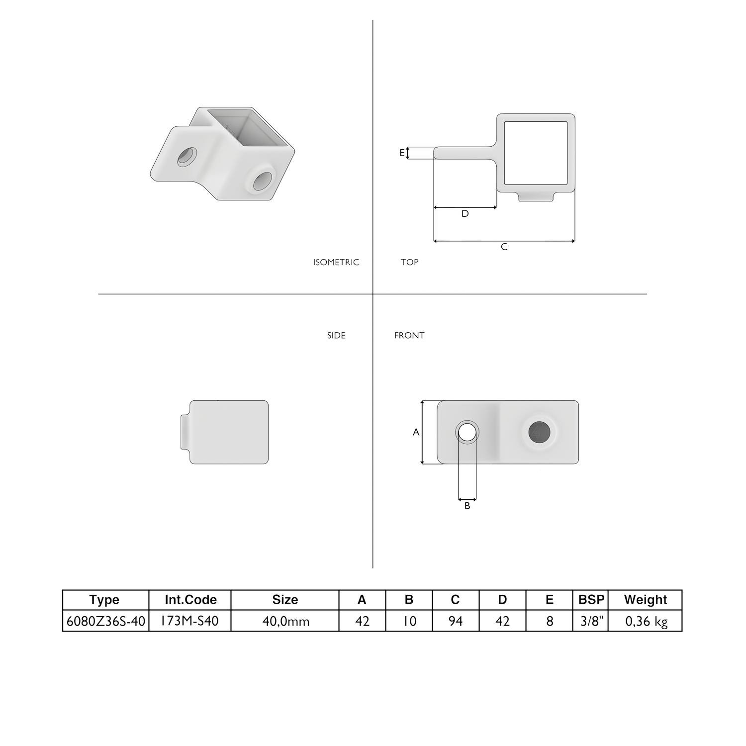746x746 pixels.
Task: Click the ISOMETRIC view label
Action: pyautogui.click(x=336, y=262)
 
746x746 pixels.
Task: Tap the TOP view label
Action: pyautogui.click(x=409, y=262)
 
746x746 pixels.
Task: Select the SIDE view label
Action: pyautogui.click(x=336, y=335)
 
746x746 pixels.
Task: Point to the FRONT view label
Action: pyautogui.click(x=409, y=335)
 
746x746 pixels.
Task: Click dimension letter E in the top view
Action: pyautogui.click(x=402, y=153)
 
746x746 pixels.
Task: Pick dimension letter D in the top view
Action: pyautogui.click(x=465, y=214)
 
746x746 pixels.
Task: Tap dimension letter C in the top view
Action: pyautogui.click(x=504, y=247)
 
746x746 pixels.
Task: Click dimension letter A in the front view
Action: pyautogui.click(x=416, y=432)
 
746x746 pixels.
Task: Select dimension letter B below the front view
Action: pyautogui.click(x=467, y=506)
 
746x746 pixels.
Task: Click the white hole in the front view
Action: pyautogui.click(x=467, y=432)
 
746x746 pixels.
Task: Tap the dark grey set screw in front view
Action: pyautogui.click(x=539, y=432)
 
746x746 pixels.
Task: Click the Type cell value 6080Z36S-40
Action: pyautogui.click(x=106, y=621)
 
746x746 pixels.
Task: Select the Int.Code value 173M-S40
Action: pyautogui.click(x=189, y=621)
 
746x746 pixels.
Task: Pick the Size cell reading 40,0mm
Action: pyautogui.click(x=285, y=621)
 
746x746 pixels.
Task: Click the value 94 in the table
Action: pyautogui.click(x=456, y=621)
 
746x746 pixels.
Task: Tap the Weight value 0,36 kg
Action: pyautogui.click(x=646, y=621)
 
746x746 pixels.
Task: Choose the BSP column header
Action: pyautogui.click(x=591, y=600)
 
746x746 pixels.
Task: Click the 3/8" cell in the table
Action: pyautogui.click(x=591, y=621)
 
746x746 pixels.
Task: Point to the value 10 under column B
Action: pyautogui.click(x=409, y=621)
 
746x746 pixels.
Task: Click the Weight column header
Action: pyautogui.click(x=646, y=600)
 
